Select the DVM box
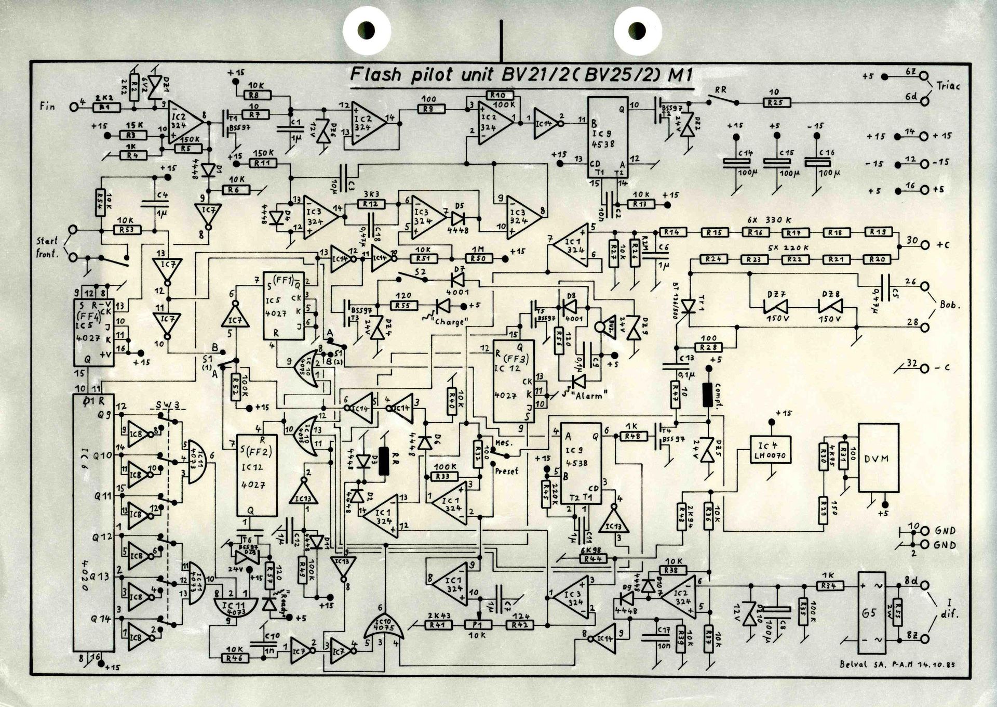[x=878, y=458]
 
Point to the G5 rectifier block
[x=872, y=612]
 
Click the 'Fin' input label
[x=47, y=106]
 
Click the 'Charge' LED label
[x=450, y=322]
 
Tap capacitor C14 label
[x=733, y=153]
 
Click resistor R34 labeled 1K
[x=828, y=586]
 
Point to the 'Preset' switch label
[x=506, y=471]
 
